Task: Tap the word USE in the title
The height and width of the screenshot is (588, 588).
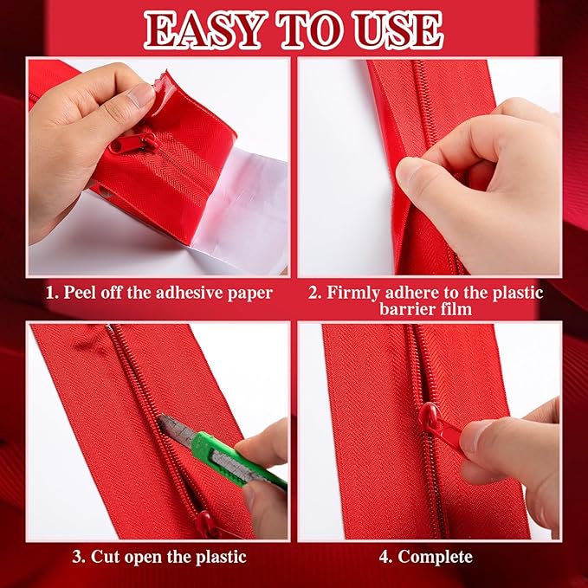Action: point(399,31)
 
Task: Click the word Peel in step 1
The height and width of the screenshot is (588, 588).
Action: point(78,292)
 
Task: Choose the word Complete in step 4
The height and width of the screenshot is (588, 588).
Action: point(435,557)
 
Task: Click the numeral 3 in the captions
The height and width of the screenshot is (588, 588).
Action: point(78,557)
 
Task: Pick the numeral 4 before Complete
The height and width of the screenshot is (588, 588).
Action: point(385,557)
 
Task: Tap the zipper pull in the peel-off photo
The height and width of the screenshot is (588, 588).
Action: point(134,143)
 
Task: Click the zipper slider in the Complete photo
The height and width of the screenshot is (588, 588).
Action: point(440,426)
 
